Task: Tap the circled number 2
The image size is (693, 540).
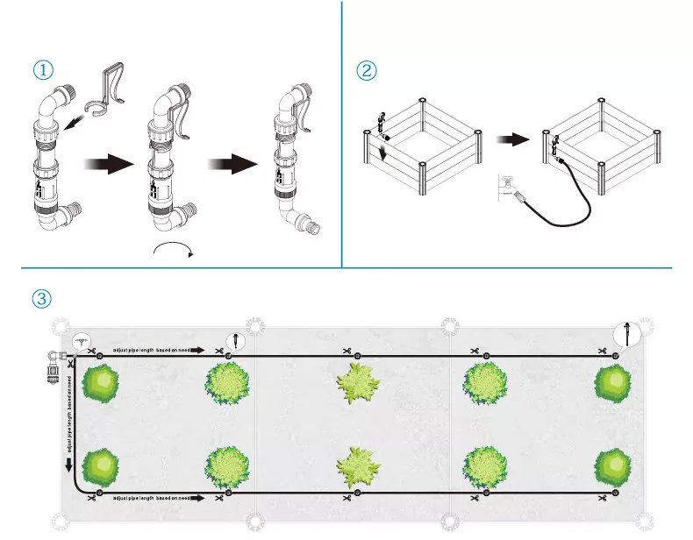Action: pos(368,70)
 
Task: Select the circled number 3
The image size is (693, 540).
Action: pos(41,298)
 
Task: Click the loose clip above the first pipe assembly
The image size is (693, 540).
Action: pos(110,91)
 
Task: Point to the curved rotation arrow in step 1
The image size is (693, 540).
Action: pos(172,252)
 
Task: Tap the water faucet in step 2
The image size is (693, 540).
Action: pos(508,187)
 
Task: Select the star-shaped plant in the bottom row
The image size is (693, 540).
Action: pos(361,467)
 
